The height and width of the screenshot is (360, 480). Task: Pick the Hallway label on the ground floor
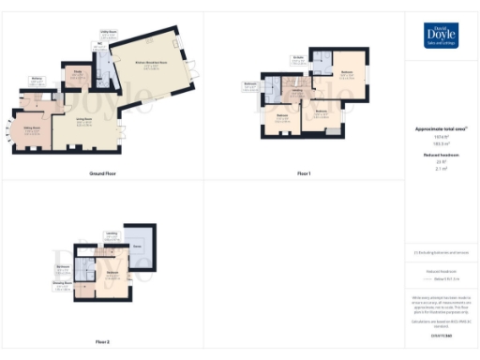pos(37,79)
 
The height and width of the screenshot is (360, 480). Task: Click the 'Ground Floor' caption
pos(102,174)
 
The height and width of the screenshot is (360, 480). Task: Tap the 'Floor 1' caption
pos(304,174)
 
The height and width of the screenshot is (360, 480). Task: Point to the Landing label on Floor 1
pos(296,91)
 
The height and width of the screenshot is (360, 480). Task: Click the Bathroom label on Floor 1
pos(251,84)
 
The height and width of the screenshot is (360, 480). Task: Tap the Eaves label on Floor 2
pos(138,246)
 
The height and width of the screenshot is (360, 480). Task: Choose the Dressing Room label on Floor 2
pos(62,281)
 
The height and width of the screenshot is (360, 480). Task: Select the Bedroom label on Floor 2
pos(112,272)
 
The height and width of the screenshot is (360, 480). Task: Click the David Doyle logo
pos(442,34)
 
